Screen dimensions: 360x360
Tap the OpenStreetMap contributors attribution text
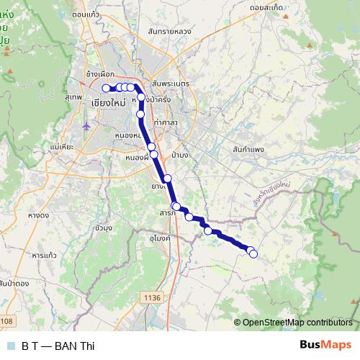pos(297,323)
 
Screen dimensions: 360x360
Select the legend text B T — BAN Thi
pos(58,346)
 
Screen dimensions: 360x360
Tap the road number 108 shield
pos(6,321)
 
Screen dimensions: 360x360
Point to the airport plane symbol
pos(86,126)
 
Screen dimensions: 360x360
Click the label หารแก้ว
pos(45,255)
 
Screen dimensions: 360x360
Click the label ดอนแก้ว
pos(86,14)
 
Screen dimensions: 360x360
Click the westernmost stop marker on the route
pos(106,88)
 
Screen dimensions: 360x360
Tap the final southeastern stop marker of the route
pos(253,253)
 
